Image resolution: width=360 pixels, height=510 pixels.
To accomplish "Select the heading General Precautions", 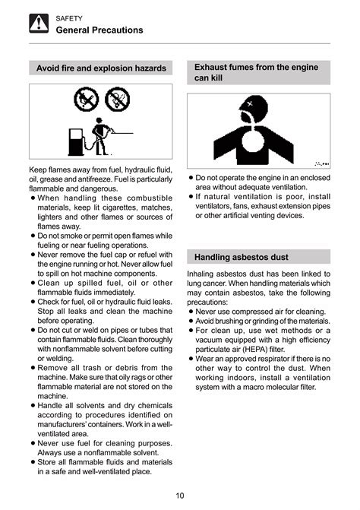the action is [99, 30].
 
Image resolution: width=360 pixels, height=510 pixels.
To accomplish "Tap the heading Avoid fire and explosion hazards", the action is [101, 68].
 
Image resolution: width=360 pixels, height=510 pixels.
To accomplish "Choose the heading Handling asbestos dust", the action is [241, 257].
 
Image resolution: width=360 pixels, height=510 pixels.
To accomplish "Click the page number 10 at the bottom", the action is [180, 496].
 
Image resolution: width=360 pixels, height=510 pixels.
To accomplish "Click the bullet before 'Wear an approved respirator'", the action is [192, 359].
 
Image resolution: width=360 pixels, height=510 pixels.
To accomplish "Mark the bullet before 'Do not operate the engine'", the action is [192, 177].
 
